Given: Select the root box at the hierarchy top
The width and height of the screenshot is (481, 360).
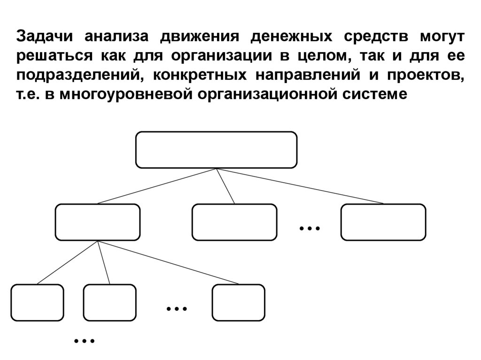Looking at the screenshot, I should coord(216,150).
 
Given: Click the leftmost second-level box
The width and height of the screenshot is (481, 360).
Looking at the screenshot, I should coord(98,222).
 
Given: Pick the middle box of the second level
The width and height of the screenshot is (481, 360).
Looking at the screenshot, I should coord(234,222).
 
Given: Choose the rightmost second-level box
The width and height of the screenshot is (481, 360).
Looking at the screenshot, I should coord(383,222).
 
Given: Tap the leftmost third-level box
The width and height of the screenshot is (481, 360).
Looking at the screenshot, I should coord(37,303).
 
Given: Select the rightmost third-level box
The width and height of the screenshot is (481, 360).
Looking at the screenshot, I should coord(238,303).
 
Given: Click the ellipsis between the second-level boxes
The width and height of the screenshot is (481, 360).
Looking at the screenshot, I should coord(309,229).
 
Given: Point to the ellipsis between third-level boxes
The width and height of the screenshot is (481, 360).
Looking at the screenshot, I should coord(177,309).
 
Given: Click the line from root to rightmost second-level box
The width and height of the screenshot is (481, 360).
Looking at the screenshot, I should coord(301,186).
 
